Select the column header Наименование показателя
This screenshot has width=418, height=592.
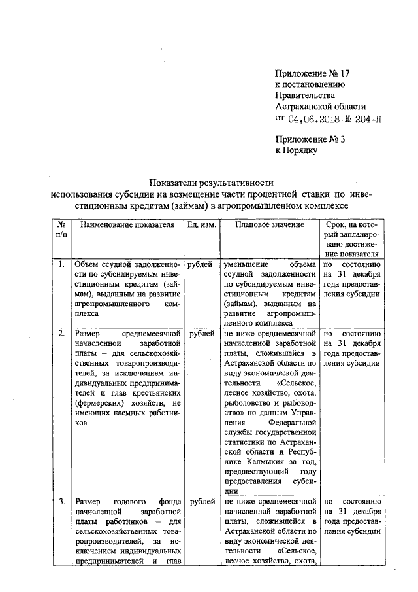pyautogui.click(x=128, y=225)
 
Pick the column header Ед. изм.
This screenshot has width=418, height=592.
pyautogui.click(x=198, y=225)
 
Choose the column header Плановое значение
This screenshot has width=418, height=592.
pyautogui.click(x=270, y=225)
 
